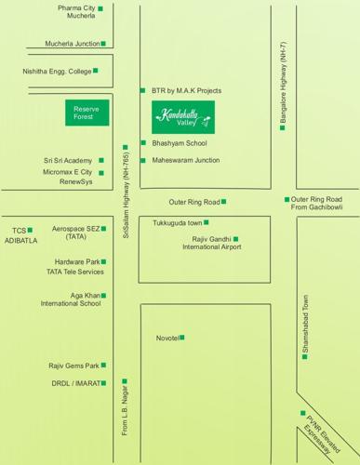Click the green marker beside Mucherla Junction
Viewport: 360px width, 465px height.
(x=103, y=43)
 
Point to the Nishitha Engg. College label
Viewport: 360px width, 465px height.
(x=56, y=71)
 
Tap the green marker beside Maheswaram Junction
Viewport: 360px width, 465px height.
(x=143, y=160)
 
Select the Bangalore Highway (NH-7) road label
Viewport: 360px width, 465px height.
(x=283, y=86)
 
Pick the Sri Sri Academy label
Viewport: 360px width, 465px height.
(x=67, y=161)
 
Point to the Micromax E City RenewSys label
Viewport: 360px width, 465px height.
(x=67, y=177)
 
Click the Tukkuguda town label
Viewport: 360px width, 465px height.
(x=178, y=223)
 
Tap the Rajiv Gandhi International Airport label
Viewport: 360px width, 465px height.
(x=211, y=244)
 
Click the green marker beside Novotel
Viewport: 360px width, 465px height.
(x=182, y=338)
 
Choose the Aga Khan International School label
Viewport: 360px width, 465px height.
(x=70, y=299)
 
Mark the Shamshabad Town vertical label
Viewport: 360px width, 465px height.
(x=304, y=328)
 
